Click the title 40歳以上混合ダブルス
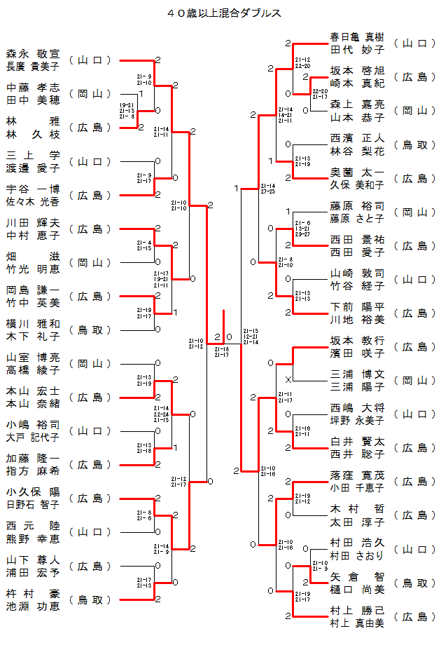[224, 13]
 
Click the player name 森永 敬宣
[33, 53]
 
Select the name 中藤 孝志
[33, 88]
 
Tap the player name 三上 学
[33, 155]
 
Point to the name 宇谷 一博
[33, 189]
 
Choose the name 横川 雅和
[33, 324]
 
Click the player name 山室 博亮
[33, 358]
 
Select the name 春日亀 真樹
[357, 36]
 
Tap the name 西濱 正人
[357, 138]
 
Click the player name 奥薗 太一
[357, 172]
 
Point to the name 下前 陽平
[357, 306]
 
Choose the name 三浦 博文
[357, 374]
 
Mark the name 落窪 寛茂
[357, 475]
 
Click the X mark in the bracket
[288, 379]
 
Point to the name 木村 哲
[357, 508]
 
